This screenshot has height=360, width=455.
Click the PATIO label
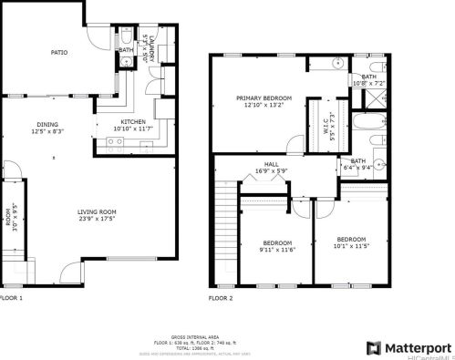click(58, 53)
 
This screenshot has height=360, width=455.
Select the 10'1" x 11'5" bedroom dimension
click(352, 245)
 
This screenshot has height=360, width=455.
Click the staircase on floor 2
click(224, 227)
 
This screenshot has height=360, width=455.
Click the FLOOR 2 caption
click(220, 298)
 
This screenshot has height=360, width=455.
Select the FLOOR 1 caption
click(11, 298)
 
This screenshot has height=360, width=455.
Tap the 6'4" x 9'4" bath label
click(357, 166)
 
